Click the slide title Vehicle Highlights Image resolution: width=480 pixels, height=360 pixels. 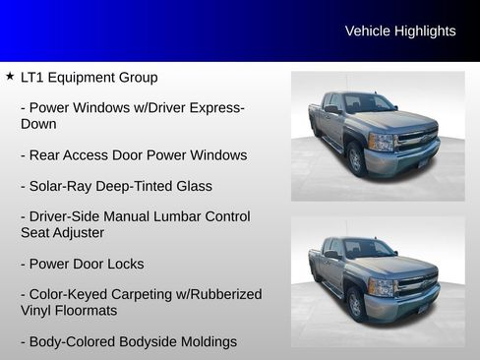(400, 31)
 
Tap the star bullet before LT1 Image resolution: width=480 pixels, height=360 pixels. (9, 76)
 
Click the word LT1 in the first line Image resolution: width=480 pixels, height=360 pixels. (33, 77)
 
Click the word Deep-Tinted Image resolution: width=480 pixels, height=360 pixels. (137, 185)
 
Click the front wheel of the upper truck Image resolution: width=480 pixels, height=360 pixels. (356, 159)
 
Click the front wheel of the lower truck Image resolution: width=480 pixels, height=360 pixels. (355, 305)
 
